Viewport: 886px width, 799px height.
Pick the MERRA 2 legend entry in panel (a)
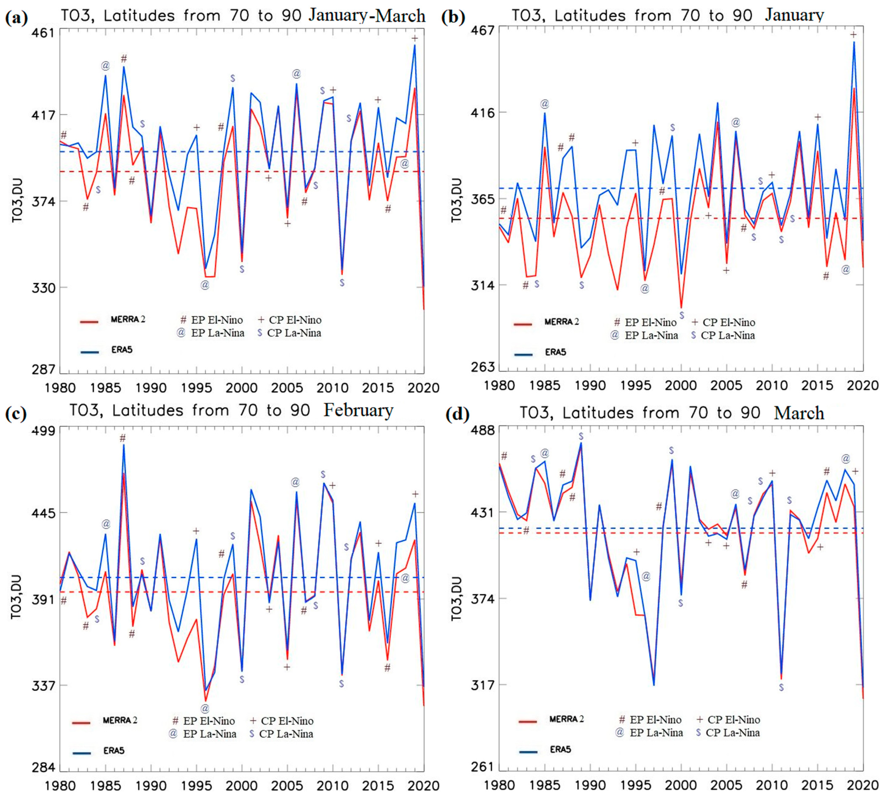click(x=127, y=320)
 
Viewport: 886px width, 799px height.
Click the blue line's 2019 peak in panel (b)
click(x=854, y=43)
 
